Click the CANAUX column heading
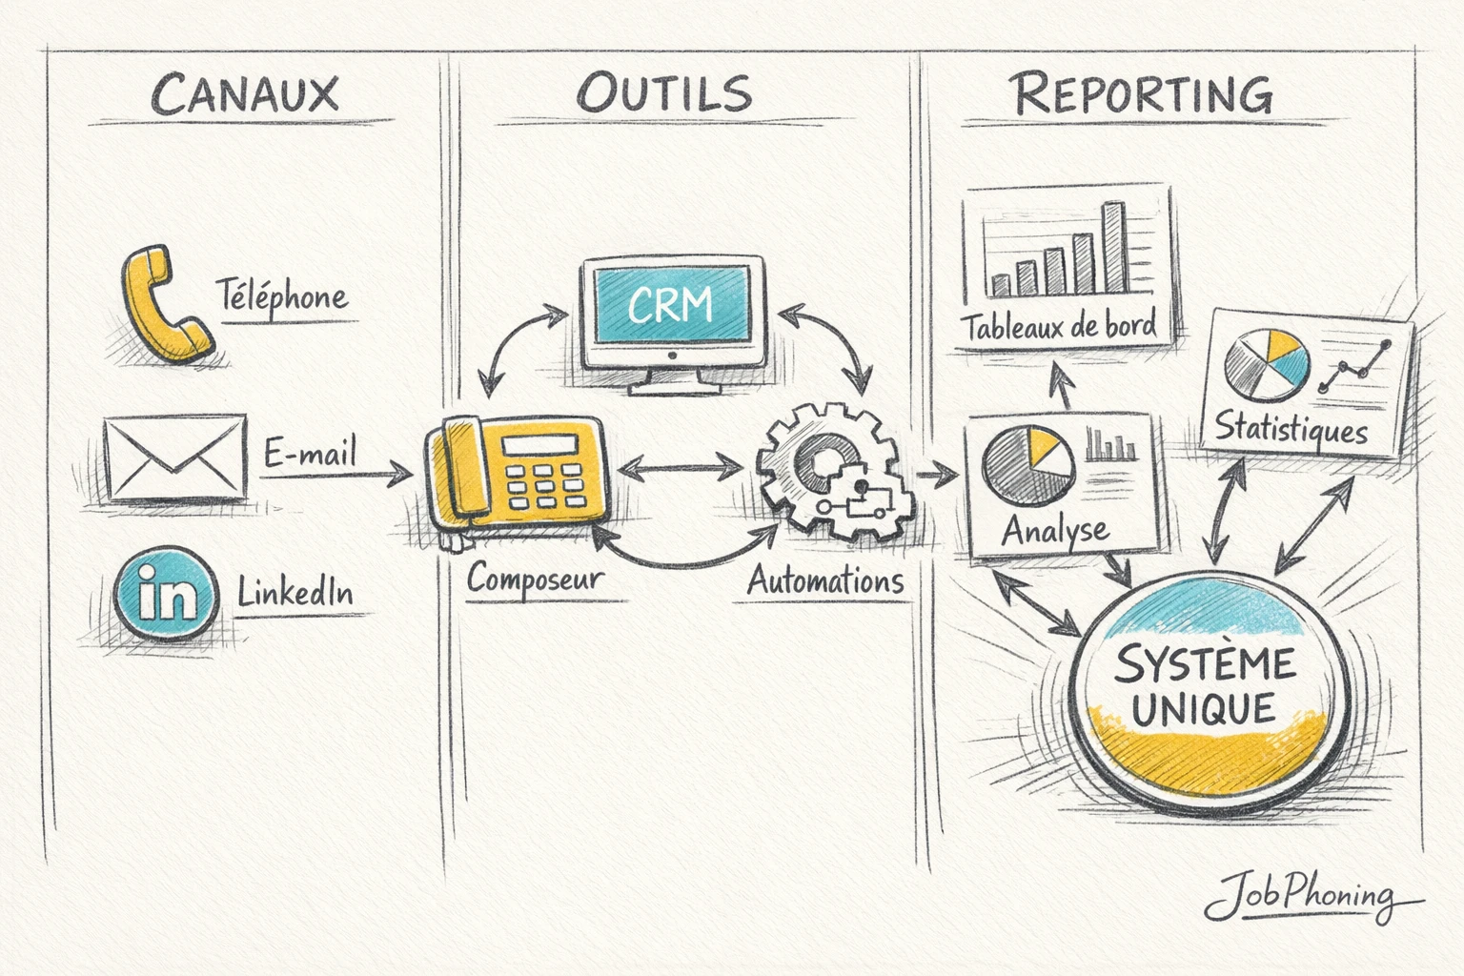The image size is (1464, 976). coord(245,94)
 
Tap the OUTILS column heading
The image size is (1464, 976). coord(664,93)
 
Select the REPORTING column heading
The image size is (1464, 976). coord(1141,94)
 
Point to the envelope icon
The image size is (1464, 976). coord(174,457)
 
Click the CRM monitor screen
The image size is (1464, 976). coord(671,305)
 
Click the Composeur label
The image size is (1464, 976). coord(535,579)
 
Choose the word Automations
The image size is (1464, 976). coord(825,580)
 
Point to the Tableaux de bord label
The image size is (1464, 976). coord(1058,327)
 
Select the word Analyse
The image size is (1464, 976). coord(1055,530)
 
